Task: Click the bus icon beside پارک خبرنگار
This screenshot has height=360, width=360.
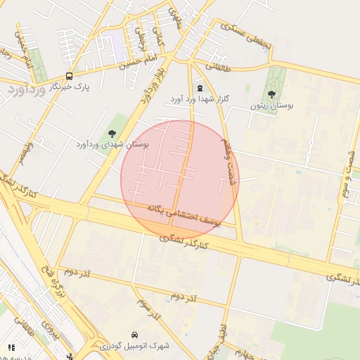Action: tap(69, 76)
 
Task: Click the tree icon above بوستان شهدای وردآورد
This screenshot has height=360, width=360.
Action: tap(112, 134)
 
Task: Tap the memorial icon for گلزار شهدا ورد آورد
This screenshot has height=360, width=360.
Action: tap(200, 89)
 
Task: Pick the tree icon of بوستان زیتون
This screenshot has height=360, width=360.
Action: tap(271, 95)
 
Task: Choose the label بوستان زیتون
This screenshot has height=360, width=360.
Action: tap(271, 107)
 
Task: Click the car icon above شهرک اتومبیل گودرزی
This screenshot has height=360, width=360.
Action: tap(134, 334)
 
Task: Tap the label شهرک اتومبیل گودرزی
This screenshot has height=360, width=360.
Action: tap(134, 346)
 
